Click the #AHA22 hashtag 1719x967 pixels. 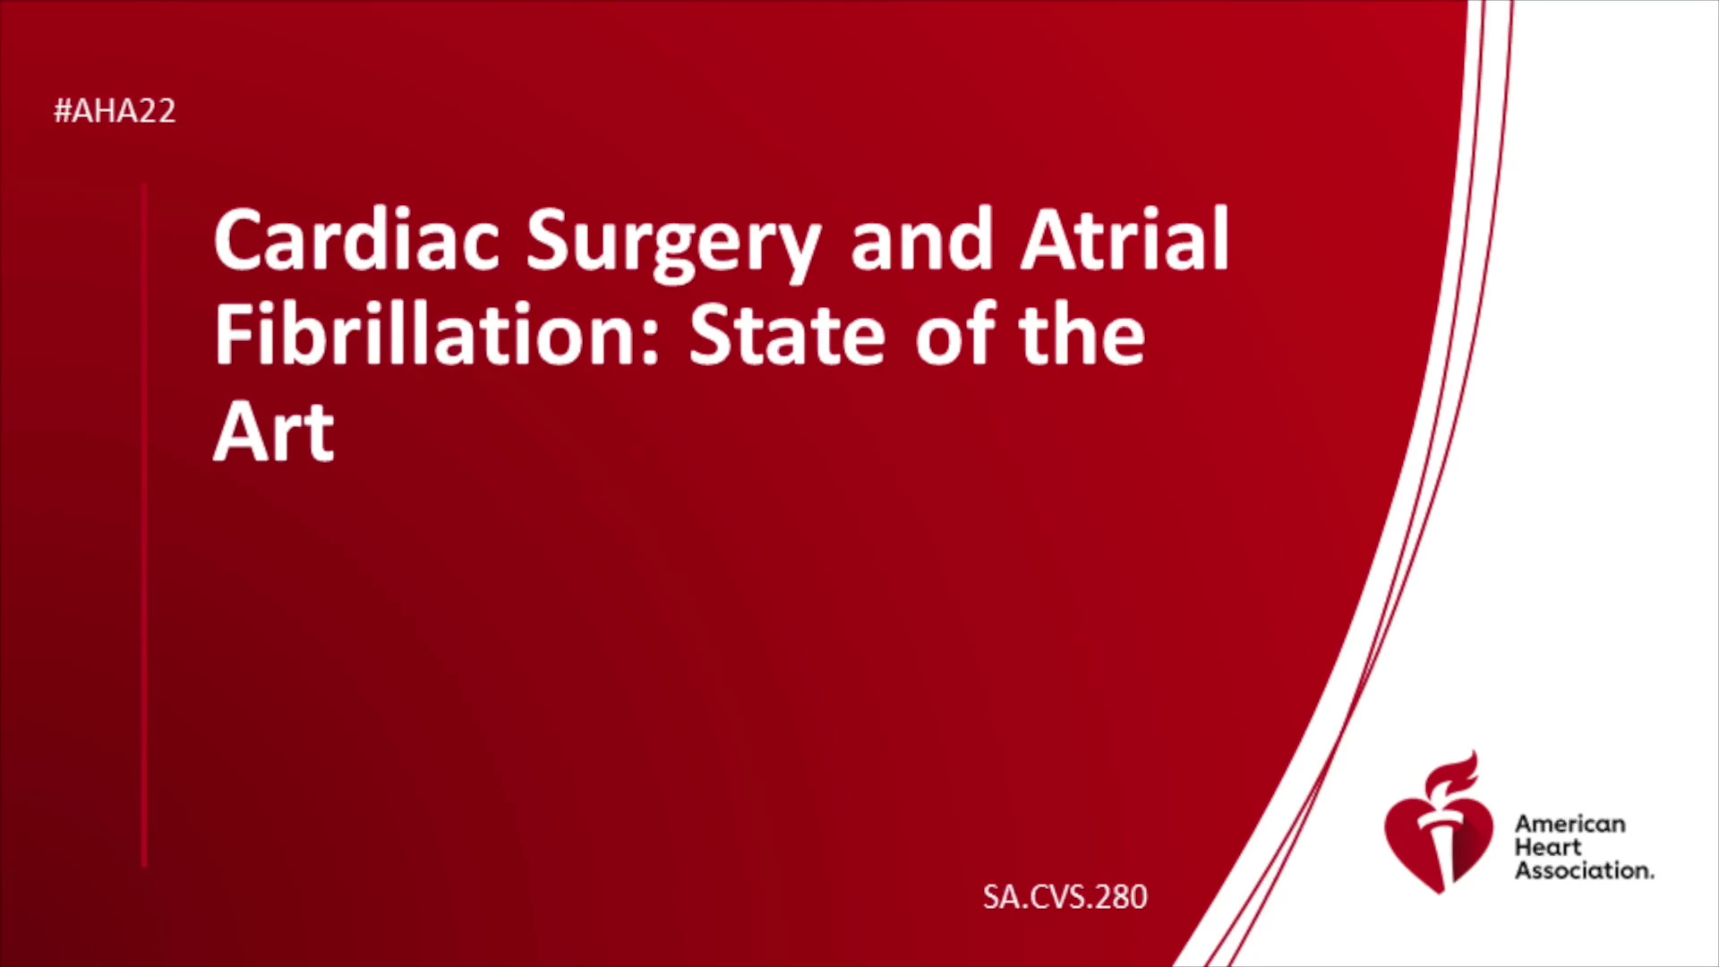coord(115,111)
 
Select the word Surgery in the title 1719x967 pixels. coord(673,244)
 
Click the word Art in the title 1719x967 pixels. coord(274,432)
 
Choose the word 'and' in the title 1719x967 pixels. coord(921,239)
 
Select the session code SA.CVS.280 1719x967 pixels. coord(1065,896)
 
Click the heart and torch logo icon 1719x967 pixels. coord(1439,824)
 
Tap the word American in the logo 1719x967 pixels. coord(1569,824)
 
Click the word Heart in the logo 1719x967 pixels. coord(1548,847)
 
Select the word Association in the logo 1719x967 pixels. coord(1584,870)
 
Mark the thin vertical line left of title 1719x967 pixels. coord(144,526)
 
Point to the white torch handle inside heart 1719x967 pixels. coord(1441,851)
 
